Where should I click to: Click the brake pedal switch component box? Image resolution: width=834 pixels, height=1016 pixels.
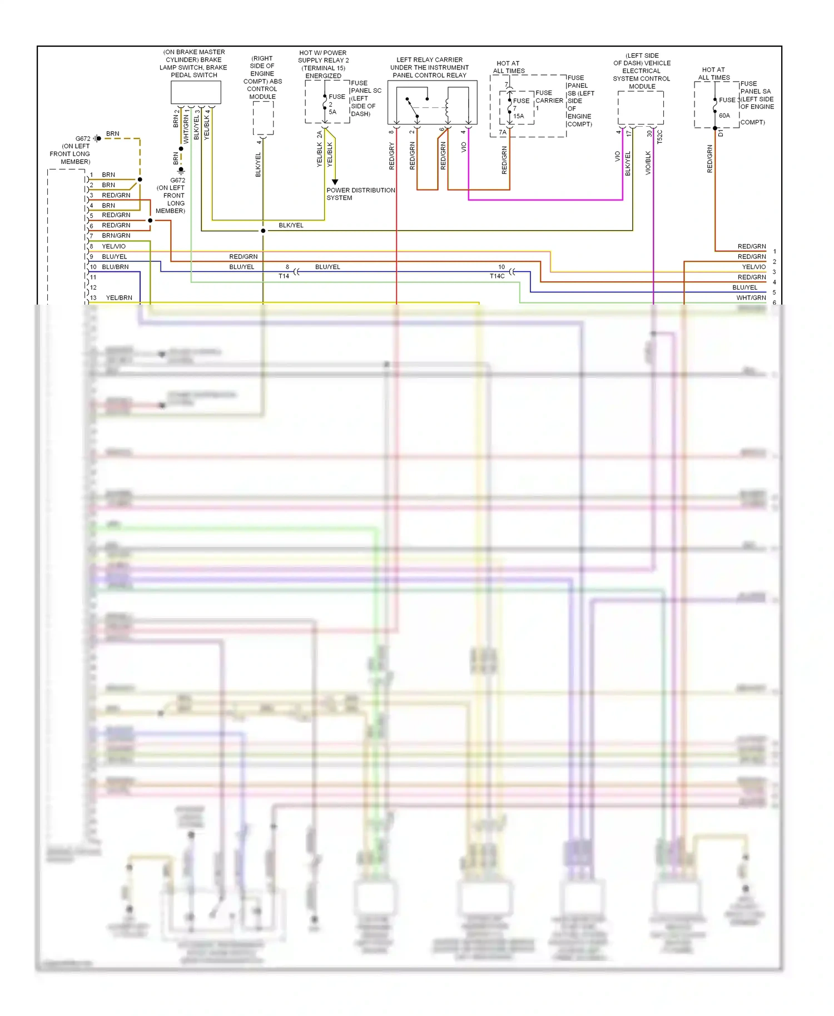[196, 92]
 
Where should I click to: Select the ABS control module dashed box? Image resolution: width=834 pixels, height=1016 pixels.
[263, 118]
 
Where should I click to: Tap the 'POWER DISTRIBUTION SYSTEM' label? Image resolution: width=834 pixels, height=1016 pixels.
[360, 194]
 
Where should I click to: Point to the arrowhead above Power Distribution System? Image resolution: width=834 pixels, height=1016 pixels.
[335, 182]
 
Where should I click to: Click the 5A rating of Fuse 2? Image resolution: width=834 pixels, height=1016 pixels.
[332, 112]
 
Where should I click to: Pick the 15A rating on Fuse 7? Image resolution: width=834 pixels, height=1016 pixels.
[518, 116]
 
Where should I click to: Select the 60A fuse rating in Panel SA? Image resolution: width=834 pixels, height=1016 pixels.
[724, 116]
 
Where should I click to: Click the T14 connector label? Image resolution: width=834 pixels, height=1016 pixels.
[284, 276]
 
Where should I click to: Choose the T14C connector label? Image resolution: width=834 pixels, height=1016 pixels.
[497, 276]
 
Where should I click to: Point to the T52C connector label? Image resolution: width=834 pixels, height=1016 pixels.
[660, 137]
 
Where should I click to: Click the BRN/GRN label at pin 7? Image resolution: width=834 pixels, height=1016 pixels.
[116, 236]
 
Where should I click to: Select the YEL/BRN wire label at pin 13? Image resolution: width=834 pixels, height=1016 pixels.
[119, 298]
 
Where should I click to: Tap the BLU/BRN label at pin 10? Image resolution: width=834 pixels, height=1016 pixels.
[115, 267]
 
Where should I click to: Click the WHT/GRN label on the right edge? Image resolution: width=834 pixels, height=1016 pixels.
[751, 298]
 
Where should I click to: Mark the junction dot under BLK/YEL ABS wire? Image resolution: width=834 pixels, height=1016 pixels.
[263, 231]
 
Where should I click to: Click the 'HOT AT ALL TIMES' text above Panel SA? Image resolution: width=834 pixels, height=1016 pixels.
[714, 74]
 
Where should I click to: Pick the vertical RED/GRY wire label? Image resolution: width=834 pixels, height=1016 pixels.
[392, 156]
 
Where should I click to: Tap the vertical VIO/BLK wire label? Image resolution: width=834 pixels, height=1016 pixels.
[648, 163]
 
